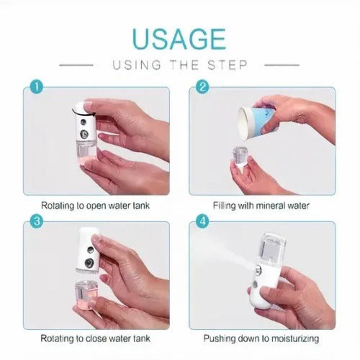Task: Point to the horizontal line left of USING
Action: (x=76, y=65)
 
